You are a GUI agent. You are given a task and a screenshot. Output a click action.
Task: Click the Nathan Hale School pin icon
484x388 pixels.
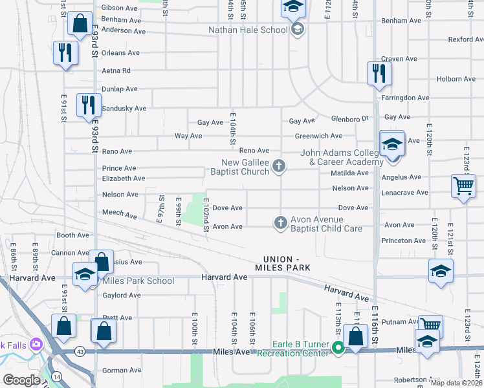[297, 30]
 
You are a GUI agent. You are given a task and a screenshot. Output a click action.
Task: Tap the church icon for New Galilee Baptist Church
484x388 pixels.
[279, 167]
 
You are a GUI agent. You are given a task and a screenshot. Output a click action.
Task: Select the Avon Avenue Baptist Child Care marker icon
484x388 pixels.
[280, 222]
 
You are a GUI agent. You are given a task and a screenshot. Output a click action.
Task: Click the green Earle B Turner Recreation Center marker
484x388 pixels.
[338, 348]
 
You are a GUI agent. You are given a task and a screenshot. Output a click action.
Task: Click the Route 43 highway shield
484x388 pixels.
[80, 350]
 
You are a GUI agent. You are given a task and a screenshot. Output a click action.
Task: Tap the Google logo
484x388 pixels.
[21, 380]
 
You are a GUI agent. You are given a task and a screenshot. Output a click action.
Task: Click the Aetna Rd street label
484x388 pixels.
[116, 70]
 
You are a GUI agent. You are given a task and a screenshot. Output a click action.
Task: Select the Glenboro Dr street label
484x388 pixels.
[349, 118]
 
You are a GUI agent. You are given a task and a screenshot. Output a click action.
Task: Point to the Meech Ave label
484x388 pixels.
[120, 213]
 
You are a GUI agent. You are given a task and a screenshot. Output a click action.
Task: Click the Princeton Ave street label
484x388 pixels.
[405, 241]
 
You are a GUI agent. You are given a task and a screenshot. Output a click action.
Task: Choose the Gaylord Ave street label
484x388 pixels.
[121, 296]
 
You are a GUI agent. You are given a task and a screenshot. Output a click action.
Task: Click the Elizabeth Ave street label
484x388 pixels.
[123, 178]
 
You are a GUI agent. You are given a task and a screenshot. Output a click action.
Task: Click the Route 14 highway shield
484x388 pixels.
[57, 376]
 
